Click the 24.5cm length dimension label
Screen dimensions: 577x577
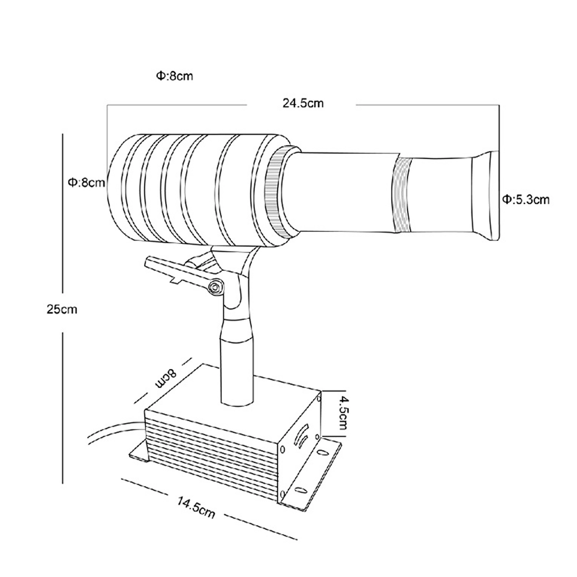(x=303, y=103)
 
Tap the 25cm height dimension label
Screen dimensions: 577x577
(x=62, y=309)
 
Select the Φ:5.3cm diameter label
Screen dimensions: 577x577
(x=526, y=200)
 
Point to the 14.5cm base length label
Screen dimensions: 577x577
(x=196, y=506)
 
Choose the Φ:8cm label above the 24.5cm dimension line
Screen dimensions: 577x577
(x=174, y=76)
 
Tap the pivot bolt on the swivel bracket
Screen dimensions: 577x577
(x=215, y=287)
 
